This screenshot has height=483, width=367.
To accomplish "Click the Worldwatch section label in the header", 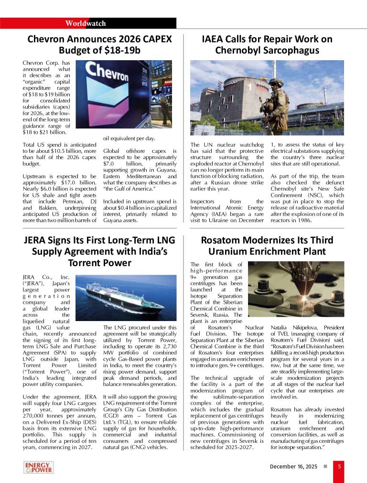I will click(86, 23).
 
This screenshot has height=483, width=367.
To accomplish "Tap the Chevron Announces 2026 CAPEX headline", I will click(99, 44).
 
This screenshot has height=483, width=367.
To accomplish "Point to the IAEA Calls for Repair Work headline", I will click(267, 44).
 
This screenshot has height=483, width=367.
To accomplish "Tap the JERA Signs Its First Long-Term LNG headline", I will click(99, 251).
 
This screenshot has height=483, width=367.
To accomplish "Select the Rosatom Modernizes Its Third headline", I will click(267, 246).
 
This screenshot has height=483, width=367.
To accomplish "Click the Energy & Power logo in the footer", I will click(38, 467).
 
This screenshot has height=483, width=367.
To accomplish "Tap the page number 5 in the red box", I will click(339, 467).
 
